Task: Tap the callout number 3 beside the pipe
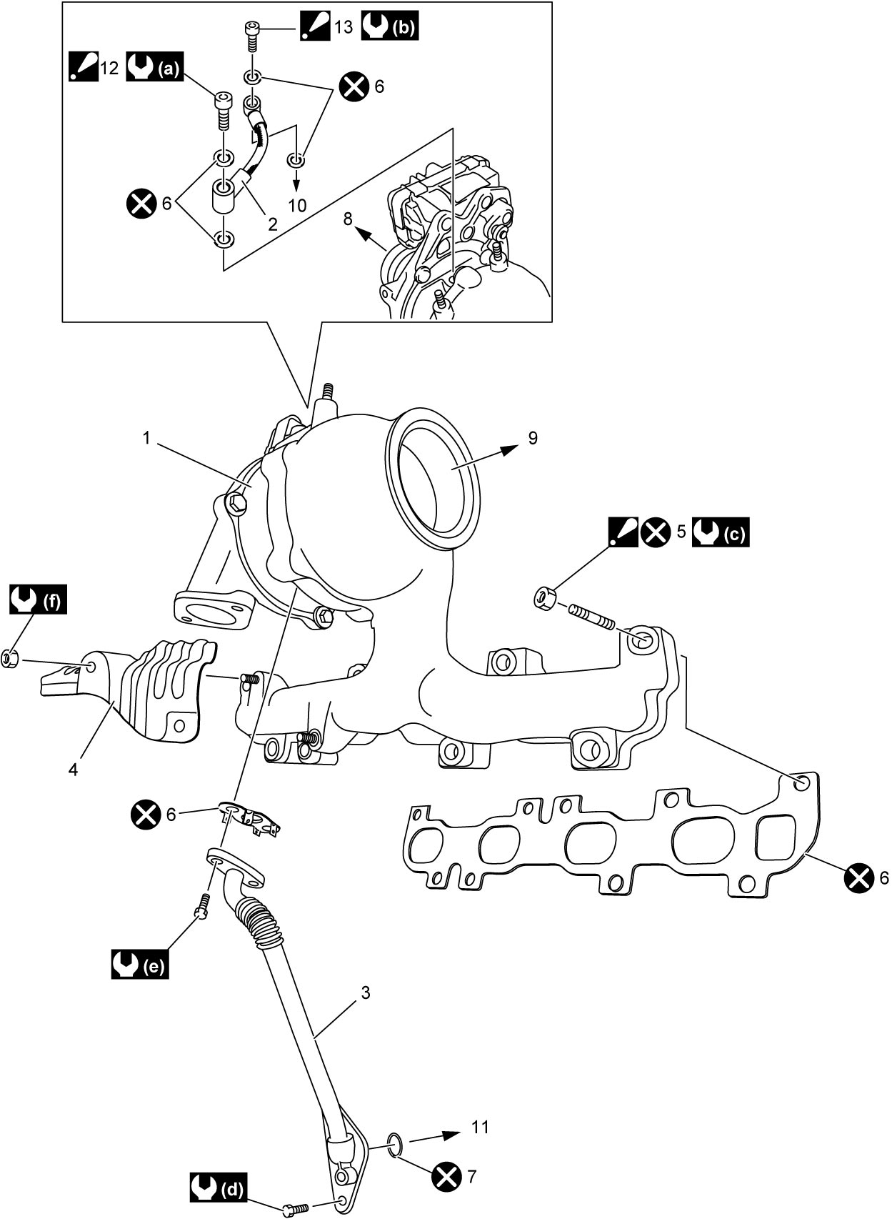366,992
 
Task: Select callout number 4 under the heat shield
73,770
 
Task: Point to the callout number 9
533,437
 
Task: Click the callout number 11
480,1127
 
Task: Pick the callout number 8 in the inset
348,219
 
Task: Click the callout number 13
344,26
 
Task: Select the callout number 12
109,68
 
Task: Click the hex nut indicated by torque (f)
10,659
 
